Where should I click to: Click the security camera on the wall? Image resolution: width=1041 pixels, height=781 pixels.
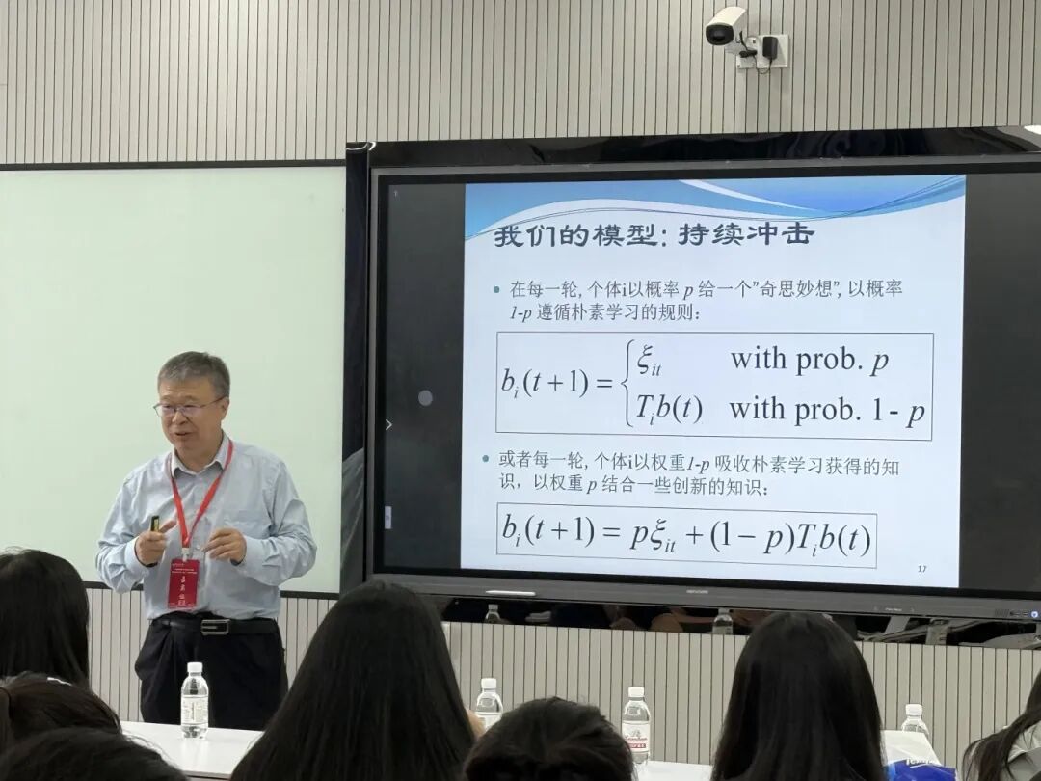point(725,26)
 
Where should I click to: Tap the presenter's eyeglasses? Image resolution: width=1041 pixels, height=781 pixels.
point(188,408)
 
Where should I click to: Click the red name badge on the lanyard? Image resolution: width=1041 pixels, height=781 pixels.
point(183,583)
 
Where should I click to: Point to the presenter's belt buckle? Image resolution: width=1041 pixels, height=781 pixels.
point(214,627)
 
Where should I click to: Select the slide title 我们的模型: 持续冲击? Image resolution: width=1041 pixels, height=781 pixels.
point(654,234)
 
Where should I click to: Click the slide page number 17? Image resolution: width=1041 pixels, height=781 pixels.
point(921,569)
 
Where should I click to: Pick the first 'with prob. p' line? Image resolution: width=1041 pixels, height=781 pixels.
point(809,360)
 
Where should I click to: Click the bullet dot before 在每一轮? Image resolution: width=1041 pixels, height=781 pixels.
point(496,289)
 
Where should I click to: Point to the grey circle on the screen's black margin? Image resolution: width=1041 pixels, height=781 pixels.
point(425,397)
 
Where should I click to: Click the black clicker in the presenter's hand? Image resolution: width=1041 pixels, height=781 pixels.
point(154,525)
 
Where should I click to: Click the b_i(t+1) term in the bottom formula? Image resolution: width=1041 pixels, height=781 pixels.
point(547,531)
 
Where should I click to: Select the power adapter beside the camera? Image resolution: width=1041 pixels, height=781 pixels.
point(771,48)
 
